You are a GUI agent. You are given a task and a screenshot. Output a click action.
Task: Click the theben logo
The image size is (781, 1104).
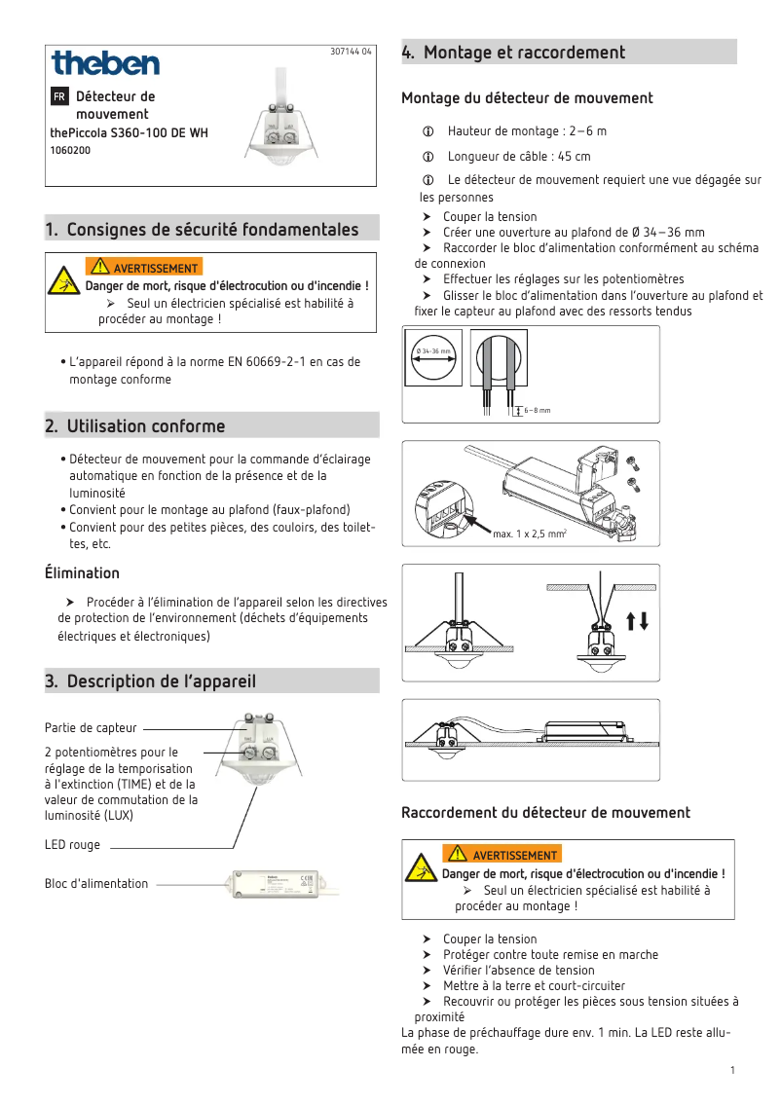(105, 64)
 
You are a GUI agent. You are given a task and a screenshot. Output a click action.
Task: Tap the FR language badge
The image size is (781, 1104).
(59, 96)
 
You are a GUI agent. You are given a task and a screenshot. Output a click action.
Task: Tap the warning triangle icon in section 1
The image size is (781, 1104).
(65, 280)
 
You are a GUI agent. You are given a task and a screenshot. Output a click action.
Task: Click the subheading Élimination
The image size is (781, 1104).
(82, 572)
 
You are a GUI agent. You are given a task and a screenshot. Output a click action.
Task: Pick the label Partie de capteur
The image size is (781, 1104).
(91, 727)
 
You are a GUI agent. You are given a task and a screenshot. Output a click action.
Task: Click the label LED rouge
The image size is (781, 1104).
(72, 845)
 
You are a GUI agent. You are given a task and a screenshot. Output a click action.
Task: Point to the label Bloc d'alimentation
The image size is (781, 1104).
(96, 884)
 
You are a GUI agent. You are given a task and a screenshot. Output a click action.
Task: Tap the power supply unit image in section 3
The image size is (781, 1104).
(283, 885)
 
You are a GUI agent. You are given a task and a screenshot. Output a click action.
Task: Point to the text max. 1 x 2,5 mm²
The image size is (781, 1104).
(530, 534)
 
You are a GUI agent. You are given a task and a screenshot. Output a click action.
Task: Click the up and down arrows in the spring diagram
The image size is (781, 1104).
(638, 620)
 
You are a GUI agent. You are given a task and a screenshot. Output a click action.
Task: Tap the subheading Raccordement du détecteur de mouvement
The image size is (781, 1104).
(545, 812)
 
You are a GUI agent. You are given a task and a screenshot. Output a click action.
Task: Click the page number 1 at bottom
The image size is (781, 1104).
(731, 1071)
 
